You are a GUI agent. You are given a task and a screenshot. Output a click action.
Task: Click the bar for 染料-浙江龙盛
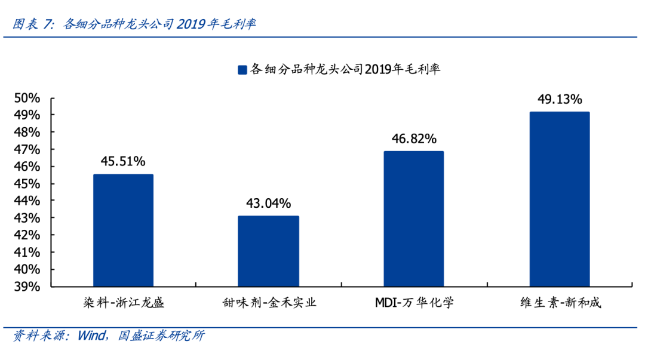(123, 230)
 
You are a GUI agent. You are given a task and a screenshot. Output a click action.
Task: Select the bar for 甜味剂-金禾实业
(269, 251)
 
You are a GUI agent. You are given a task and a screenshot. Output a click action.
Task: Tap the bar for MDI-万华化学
(414, 219)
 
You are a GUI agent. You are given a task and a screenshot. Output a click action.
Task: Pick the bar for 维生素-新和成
(560, 199)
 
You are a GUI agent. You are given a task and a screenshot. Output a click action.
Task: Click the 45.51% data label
(123, 161)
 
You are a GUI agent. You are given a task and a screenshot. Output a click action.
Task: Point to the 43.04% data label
(269, 203)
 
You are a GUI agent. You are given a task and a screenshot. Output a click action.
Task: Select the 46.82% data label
(414, 139)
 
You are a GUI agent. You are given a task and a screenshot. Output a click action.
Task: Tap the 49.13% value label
(560, 99)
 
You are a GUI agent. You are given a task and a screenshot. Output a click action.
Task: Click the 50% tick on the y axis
(27, 98)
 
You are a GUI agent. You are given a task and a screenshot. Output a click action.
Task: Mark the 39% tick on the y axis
(27, 287)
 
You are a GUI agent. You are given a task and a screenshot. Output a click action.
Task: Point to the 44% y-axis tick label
(27, 201)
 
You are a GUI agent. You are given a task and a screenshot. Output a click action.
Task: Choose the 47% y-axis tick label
(27, 149)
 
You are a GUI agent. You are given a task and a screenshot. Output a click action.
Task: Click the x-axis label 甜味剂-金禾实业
(269, 303)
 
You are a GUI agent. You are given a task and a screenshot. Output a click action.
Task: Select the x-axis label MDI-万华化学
(414, 303)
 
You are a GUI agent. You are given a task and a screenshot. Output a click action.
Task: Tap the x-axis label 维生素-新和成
(560, 303)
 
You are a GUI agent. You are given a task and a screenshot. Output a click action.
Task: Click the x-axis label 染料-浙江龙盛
(123, 303)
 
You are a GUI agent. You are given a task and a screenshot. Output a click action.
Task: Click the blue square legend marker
(242, 70)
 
